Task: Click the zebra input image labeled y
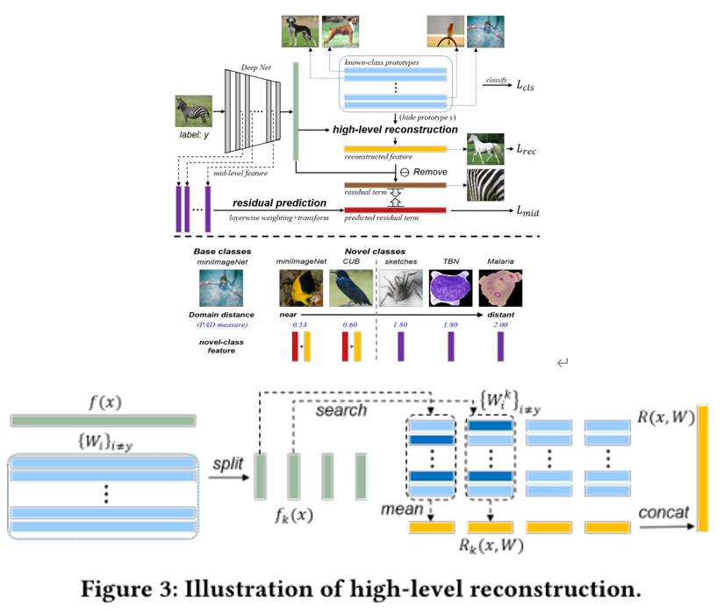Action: [x=194, y=110]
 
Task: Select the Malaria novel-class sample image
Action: [x=501, y=288]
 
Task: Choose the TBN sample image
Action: [x=450, y=288]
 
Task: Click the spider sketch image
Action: [x=399, y=288]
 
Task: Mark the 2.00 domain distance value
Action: [x=500, y=325]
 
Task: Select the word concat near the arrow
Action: [x=663, y=510]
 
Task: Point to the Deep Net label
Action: [x=255, y=68]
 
